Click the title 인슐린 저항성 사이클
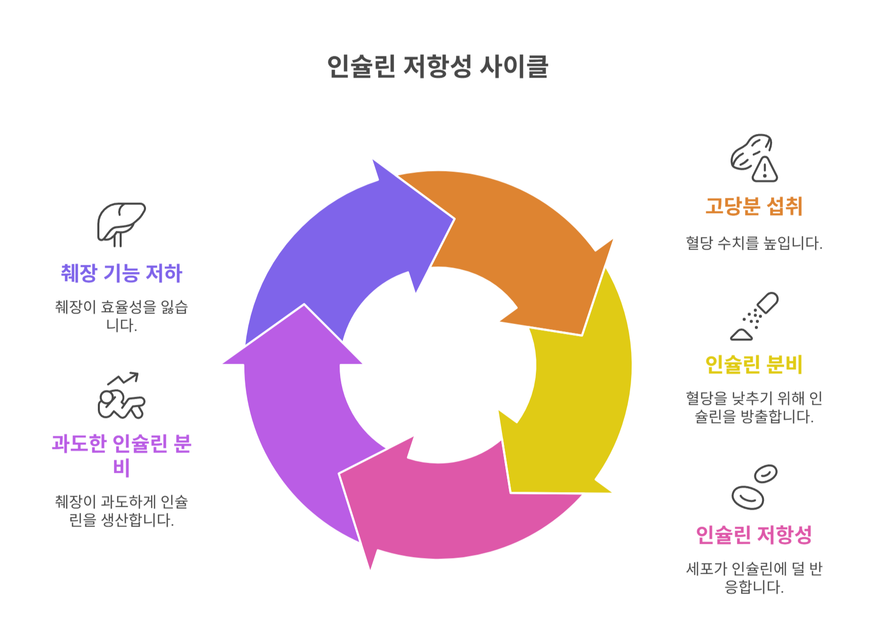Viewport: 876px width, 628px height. click(437, 66)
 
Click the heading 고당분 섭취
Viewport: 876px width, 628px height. click(754, 206)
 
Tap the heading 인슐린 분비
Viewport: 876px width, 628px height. click(754, 364)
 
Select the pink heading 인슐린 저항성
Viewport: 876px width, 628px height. click(754, 535)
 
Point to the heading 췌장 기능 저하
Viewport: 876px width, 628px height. click(122, 273)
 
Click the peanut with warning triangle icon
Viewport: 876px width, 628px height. click(754, 158)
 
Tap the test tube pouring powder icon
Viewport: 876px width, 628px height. click(754, 316)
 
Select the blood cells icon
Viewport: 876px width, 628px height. click(754, 487)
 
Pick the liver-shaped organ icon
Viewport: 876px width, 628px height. click(121, 224)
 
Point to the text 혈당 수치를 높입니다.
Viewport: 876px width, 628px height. click(754, 243)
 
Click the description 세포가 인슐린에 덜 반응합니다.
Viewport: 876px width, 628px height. click(754, 578)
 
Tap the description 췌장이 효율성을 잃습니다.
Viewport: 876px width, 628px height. click(122, 316)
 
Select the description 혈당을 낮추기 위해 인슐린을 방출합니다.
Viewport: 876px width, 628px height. click(754, 407)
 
